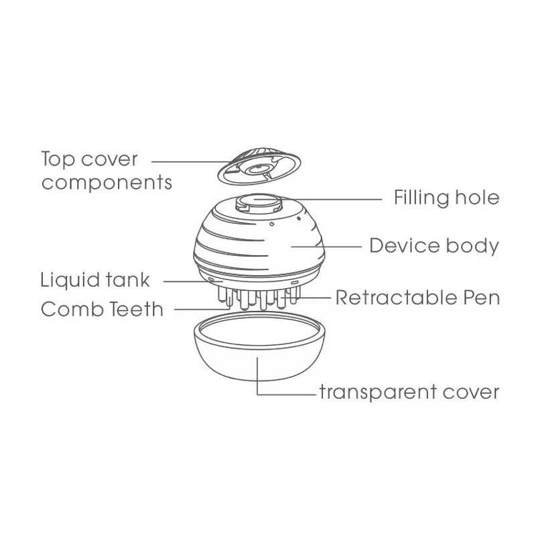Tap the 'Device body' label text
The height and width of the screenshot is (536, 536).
click(x=434, y=246)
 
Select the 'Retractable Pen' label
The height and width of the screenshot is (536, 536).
click(x=417, y=297)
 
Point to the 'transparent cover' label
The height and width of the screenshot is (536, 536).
click(x=409, y=391)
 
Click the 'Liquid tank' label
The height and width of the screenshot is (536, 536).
click(x=95, y=278)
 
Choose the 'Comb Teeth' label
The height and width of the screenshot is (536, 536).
click(x=101, y=310)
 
